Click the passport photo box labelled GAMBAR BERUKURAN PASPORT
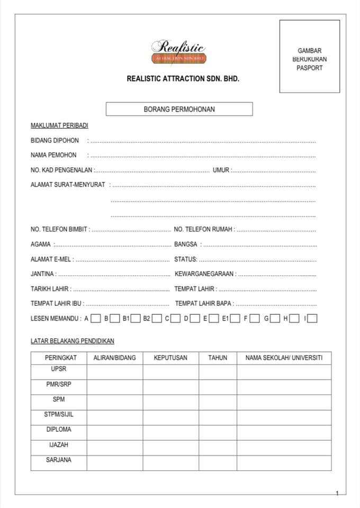pos(310,57)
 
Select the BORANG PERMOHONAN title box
pos(179,109)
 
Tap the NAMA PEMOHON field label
pos(53,155)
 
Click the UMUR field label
pos(221,170)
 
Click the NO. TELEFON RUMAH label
pos(204,230)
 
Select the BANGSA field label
pos(186,244)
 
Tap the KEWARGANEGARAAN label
pos(205,274)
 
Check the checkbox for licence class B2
pos(157,319)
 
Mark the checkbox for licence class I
pos(312,319)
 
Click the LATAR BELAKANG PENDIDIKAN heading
pos(73,341)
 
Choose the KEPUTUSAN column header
pos(170,358)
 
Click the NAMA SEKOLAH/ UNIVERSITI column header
pos(284,358)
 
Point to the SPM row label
pos(58,400)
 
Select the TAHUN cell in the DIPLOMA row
pos(218,432)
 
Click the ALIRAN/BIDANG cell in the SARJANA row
pos(114,463)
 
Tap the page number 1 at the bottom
pos(337,493)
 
